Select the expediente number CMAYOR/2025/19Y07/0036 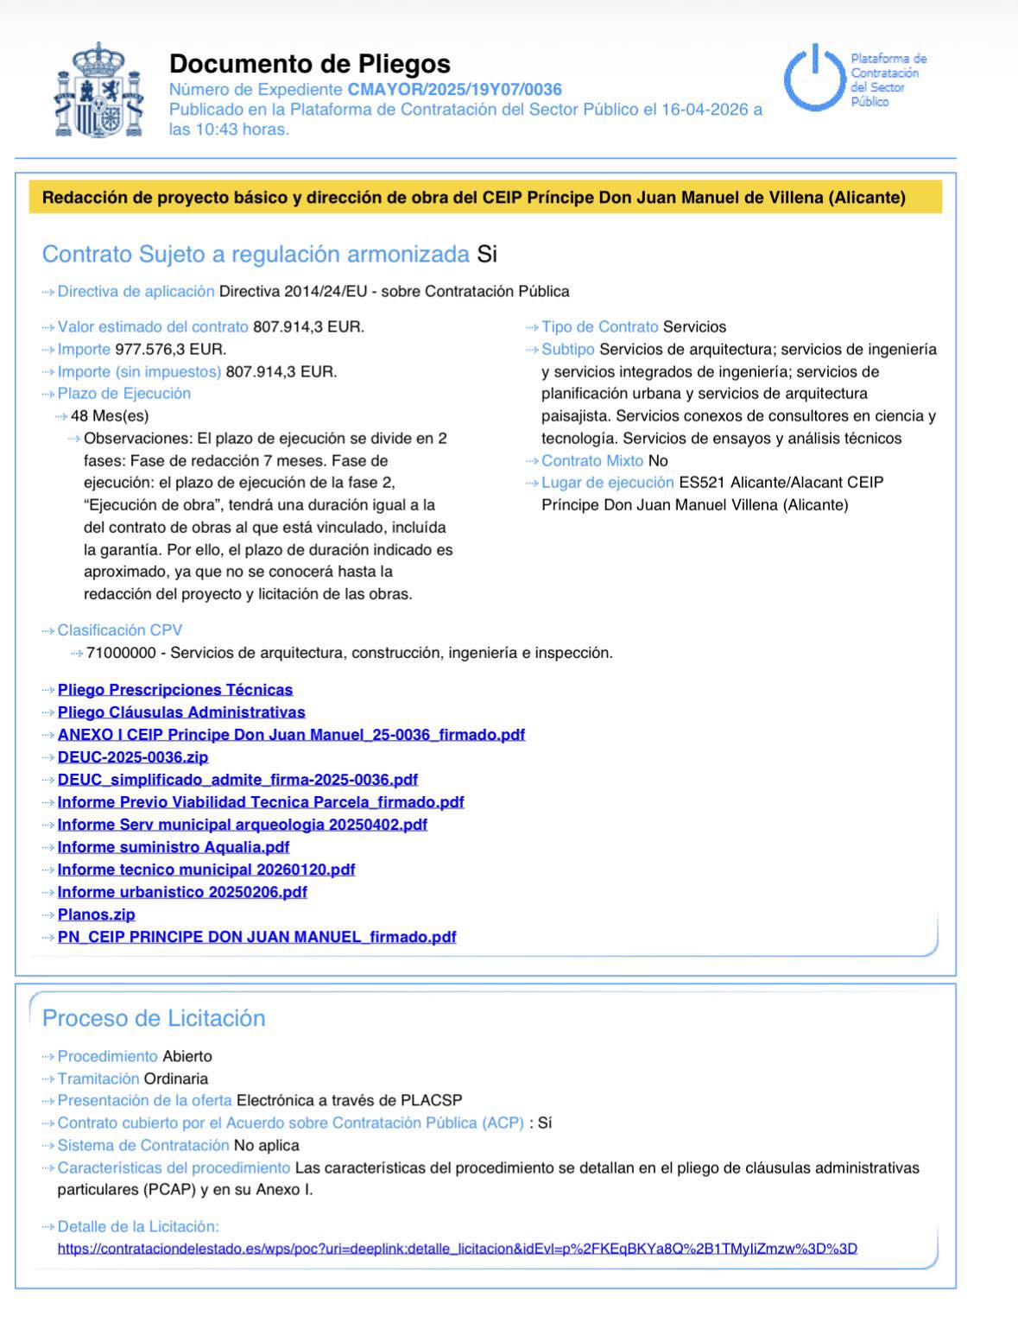pyautogui.click(x=454, y=89)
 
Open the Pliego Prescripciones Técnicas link pyautogui.click(x=175, y=689)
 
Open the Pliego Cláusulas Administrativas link pyautogui.click(x=181, y=712)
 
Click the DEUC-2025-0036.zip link pyautogui.click(x=133, y=756)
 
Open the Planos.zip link pyautogui.click(x=97, y=914)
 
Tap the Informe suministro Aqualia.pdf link pyautogui.click(x=174, y=846)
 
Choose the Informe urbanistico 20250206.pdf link pyautogui.click(x=182, y=891)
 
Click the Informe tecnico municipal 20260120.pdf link pyautogui.click(x=206, y=869)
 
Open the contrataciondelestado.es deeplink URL pyautogui.click(x=458, y=1248)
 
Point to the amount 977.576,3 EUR pyautogui.click(x=170, y=349)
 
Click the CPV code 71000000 pyautogui.click(x=121, y=652)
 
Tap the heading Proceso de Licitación pyautogui.click(x=154, y=1017)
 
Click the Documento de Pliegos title pyautogui.click(x=310, y=63)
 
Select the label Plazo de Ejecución pyautogui.click(x=124, y=393)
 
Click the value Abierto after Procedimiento pyautogui.click(x=187, y=1055)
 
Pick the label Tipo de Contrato pyautogui.click(x=600, y=326)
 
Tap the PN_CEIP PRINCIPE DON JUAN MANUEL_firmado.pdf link pyautogui.click(x=257, y=936)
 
